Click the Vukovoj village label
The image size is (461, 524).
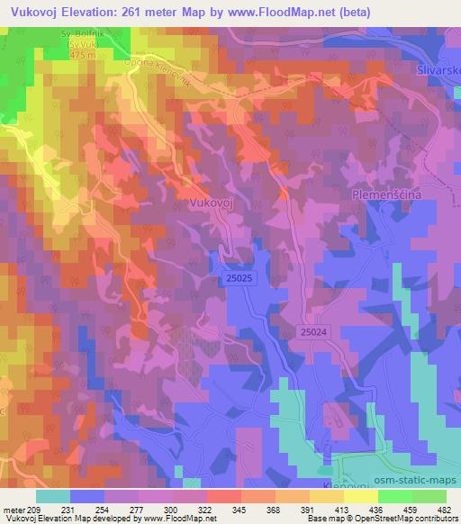[212, 204]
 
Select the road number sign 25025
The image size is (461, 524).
[232, 282]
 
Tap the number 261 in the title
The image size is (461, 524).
[131, 10]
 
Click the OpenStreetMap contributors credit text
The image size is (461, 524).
[405, 519]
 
